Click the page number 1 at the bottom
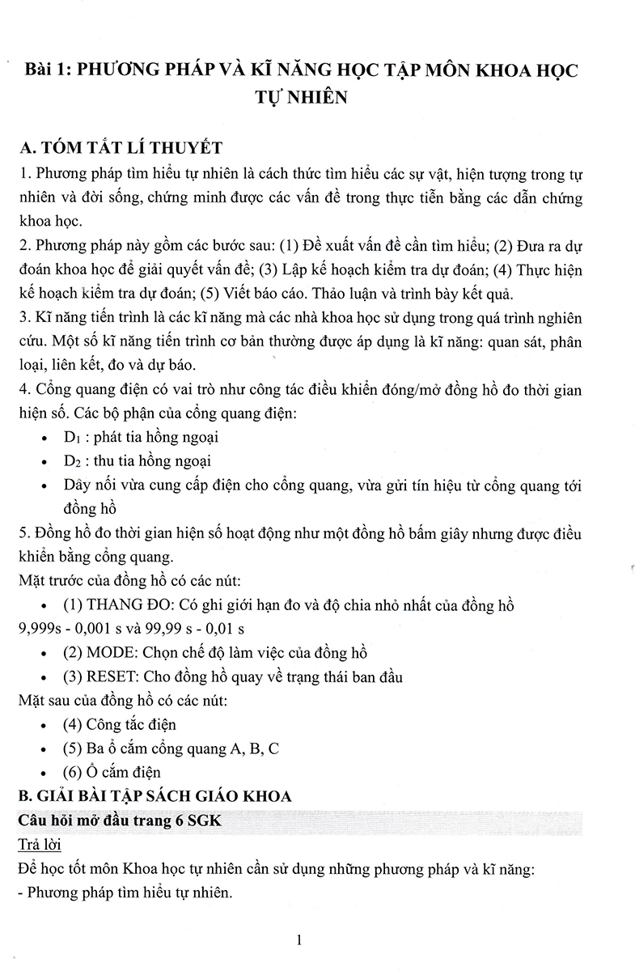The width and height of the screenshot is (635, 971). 299,939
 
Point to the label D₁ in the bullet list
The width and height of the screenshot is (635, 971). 73,438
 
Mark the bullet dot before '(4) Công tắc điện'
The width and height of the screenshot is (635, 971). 43,725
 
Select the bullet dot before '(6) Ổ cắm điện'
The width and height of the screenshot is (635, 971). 43,773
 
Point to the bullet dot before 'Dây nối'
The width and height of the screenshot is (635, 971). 43,486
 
